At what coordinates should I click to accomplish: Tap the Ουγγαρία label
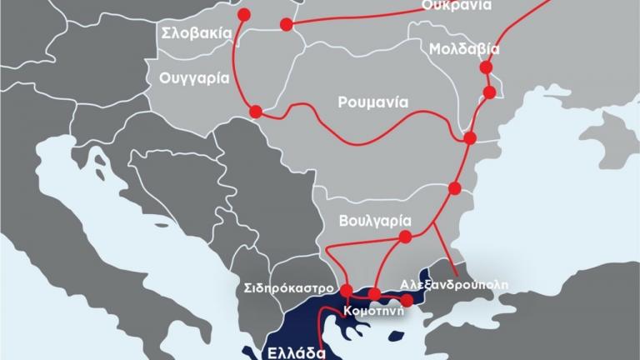tap(188, 75)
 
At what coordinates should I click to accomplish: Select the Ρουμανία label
tap(372, 103)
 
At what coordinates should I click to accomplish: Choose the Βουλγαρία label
tap(377, 221)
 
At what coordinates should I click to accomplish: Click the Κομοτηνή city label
tap(374, 312)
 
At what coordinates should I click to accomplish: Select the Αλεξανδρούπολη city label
tap(453, 283)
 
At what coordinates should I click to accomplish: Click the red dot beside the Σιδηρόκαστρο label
tap(347, 290)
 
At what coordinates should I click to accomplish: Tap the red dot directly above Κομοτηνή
tap(374, 293)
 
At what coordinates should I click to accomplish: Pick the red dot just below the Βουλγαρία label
tap(405, 237)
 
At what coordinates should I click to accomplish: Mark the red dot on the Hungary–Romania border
tap(256, 111)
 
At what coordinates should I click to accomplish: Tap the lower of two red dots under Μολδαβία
tap(490, 91)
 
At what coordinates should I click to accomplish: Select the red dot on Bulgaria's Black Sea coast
tap(454, 188)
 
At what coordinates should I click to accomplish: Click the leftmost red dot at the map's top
tap(244, 14)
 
